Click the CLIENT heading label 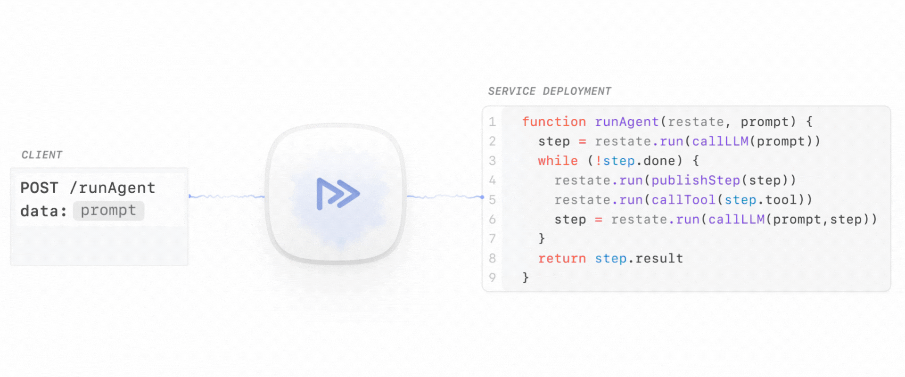point(42,155)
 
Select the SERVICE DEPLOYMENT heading point(550,91)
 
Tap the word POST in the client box point(39,188)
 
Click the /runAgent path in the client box point(112,188)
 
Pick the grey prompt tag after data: point(108,211)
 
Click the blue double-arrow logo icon point(338,194)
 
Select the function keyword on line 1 point(554,122)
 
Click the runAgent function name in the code point(626,122)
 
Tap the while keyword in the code point(558,161)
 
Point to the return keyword point(562,258)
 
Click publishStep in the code point(696,180)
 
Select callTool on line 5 point(683,200)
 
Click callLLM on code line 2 point(720,141)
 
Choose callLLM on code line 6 point(736,220)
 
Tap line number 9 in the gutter point(492,278)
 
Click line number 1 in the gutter point(492,122)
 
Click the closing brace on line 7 point(542,238)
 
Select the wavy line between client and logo point(227,196)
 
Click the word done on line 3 point(659,161)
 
